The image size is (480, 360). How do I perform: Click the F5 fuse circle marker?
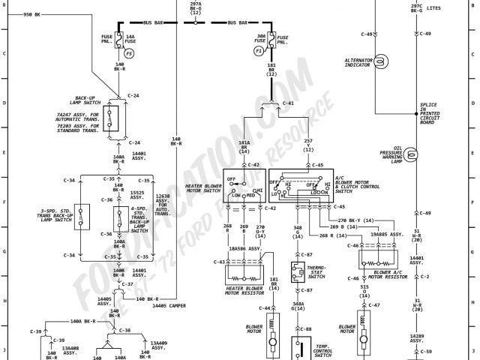pos(129,54)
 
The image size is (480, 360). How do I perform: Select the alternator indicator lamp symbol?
pos(380,60)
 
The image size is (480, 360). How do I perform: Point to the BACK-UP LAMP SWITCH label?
pos(89,100)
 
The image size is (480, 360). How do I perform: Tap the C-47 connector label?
pos(374,305)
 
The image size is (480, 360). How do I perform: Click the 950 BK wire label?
pos(31,14)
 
